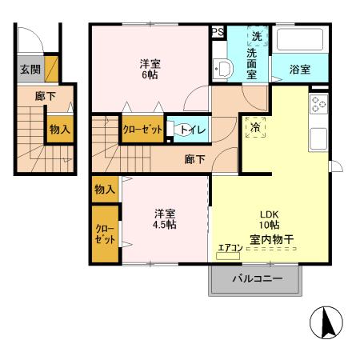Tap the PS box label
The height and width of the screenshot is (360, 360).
tap(217, 32)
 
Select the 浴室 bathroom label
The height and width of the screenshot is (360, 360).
tap(300, 70)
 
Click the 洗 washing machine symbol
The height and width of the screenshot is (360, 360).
tap(256, 37)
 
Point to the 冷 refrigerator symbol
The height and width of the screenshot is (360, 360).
tap(254, 127)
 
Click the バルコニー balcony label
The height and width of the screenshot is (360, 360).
tap(258, 279)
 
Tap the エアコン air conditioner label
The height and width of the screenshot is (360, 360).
tap(228, 247)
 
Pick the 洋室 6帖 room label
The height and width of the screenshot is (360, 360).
tap(150, 70)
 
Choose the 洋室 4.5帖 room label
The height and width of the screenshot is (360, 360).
tap(166, 218)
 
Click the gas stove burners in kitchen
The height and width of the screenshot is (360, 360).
tap(318, 105)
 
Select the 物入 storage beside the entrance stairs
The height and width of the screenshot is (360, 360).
tap(59, 128)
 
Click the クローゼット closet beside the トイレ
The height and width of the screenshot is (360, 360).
tap(142, 130)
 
